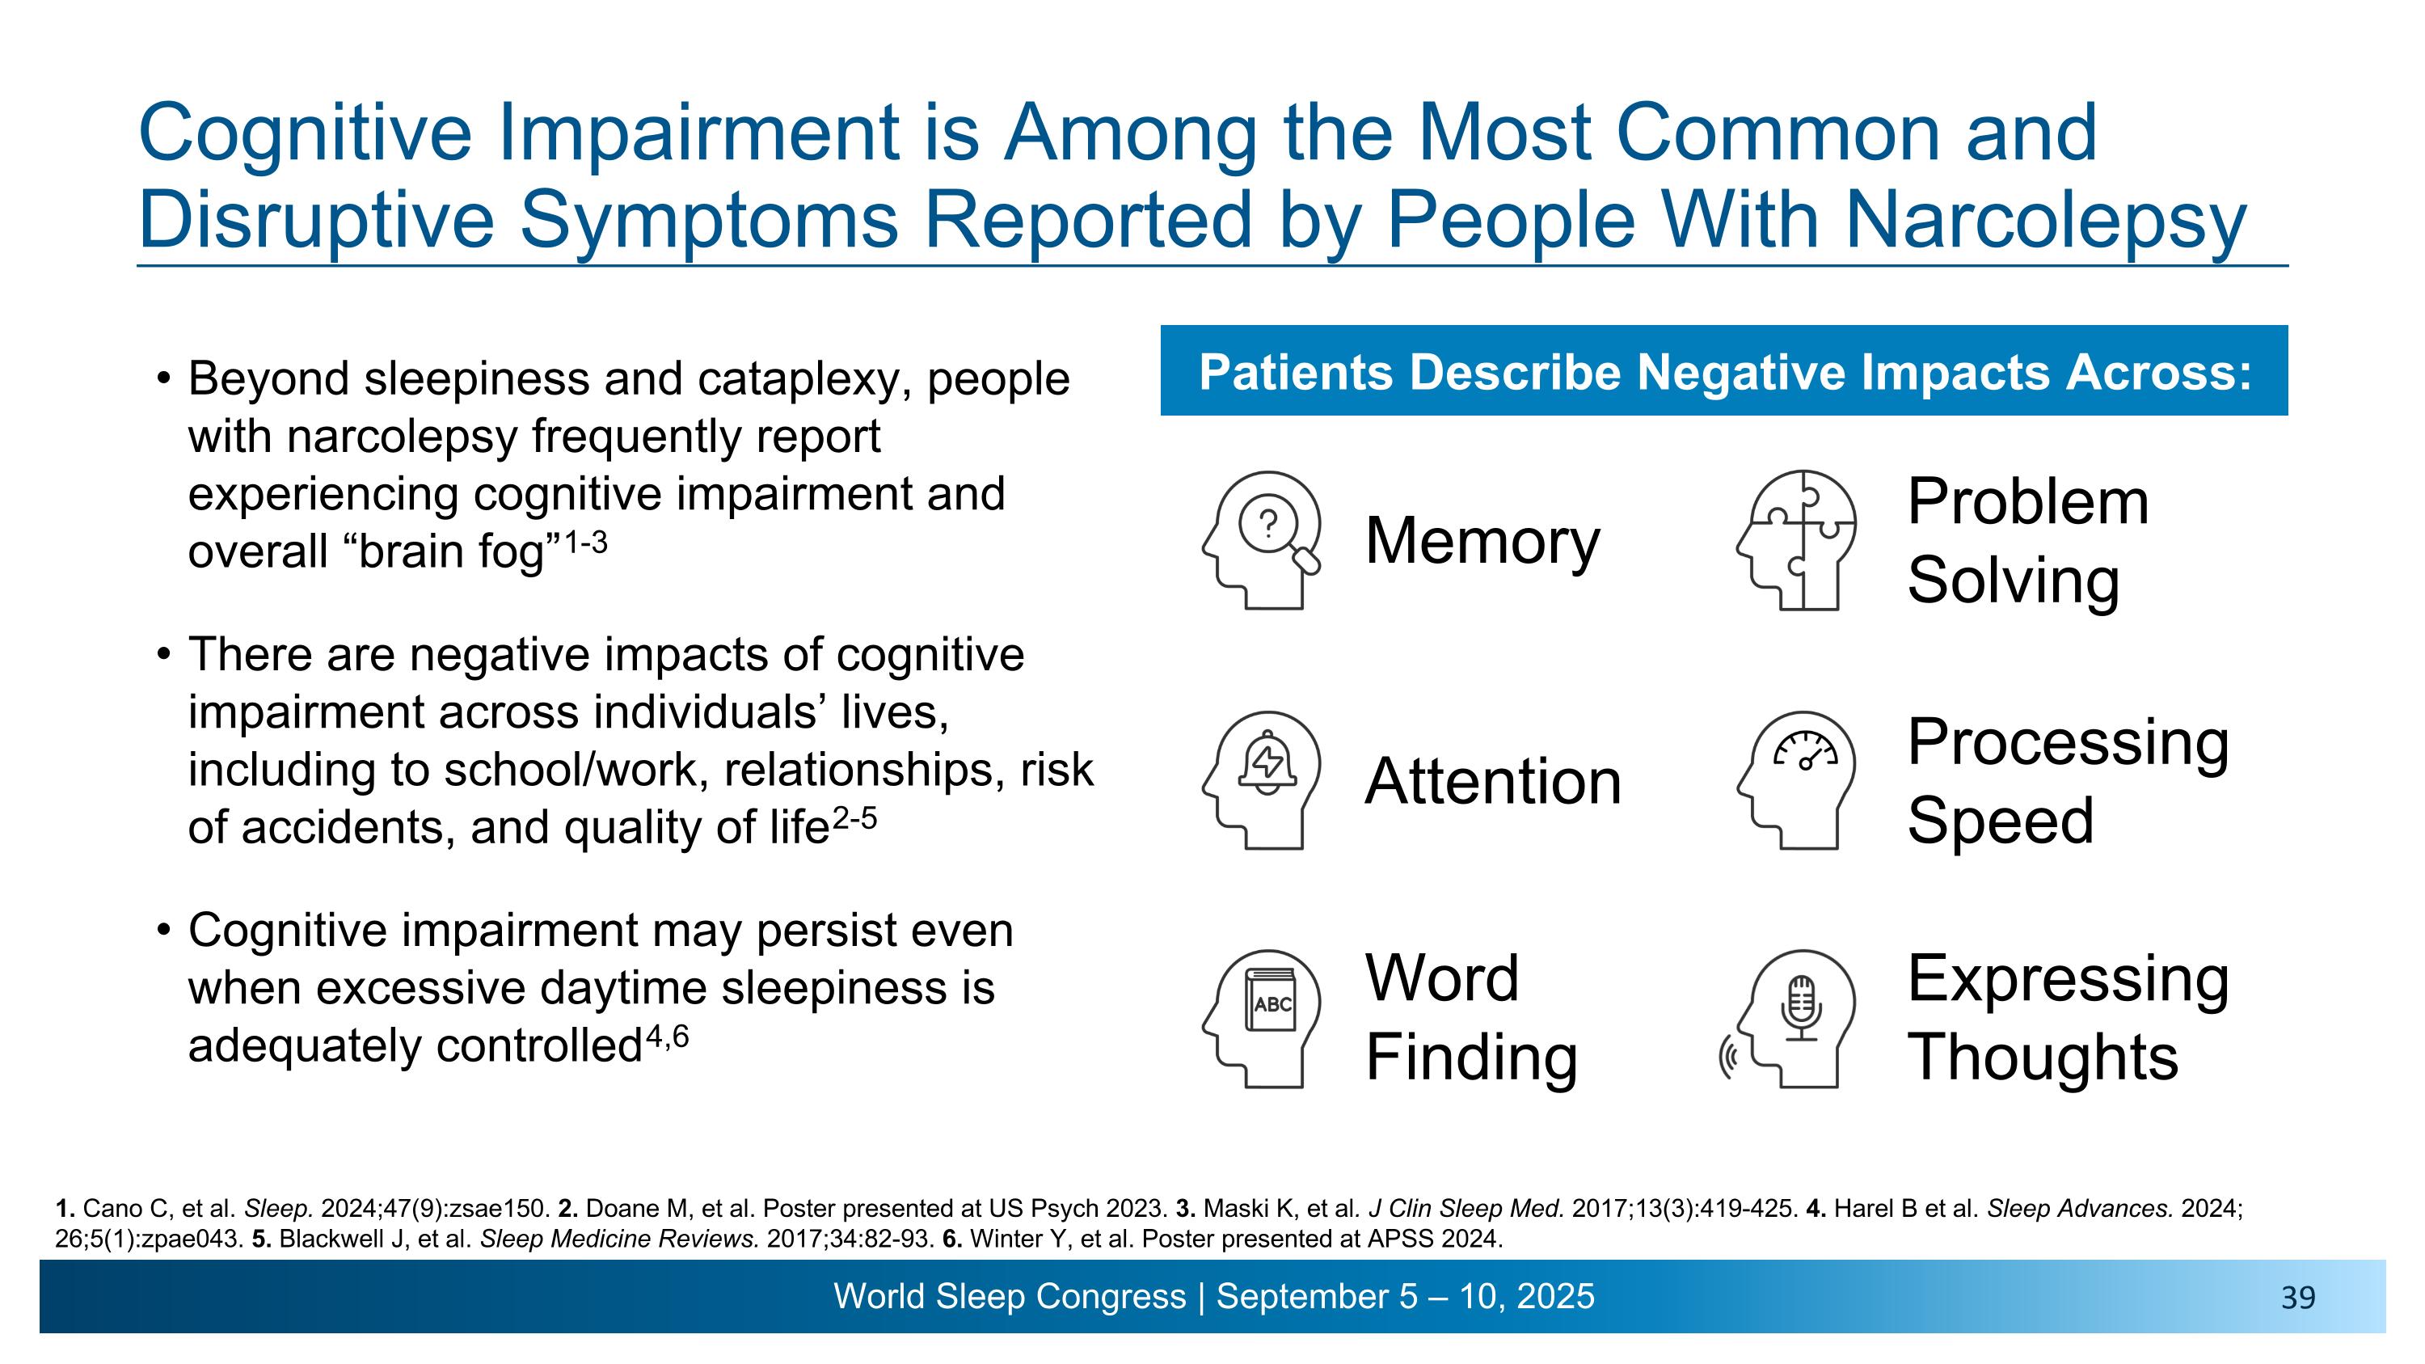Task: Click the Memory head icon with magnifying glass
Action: tap(1262, 540)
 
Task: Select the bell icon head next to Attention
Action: tap(1262, 780)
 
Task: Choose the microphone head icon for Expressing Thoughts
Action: tap(1794, 1019)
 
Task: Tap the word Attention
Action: tap(1492, 781)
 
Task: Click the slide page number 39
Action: tap(2298, 1299)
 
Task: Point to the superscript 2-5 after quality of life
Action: tap(854, 818)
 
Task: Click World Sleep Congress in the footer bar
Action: tap(1009, 1296)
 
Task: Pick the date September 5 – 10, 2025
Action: tap(1405, 1296)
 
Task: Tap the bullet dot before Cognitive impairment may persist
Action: tap(165, 930)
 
